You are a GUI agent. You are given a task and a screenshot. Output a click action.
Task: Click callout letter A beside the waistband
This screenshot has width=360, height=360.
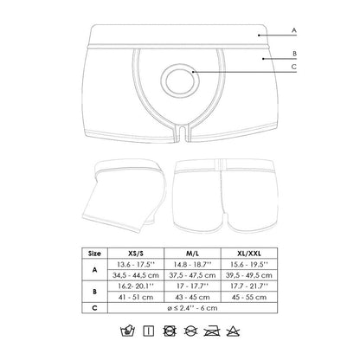[x=294, y=30]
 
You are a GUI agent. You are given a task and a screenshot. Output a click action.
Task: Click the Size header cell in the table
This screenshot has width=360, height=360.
[x=93, y=254]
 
